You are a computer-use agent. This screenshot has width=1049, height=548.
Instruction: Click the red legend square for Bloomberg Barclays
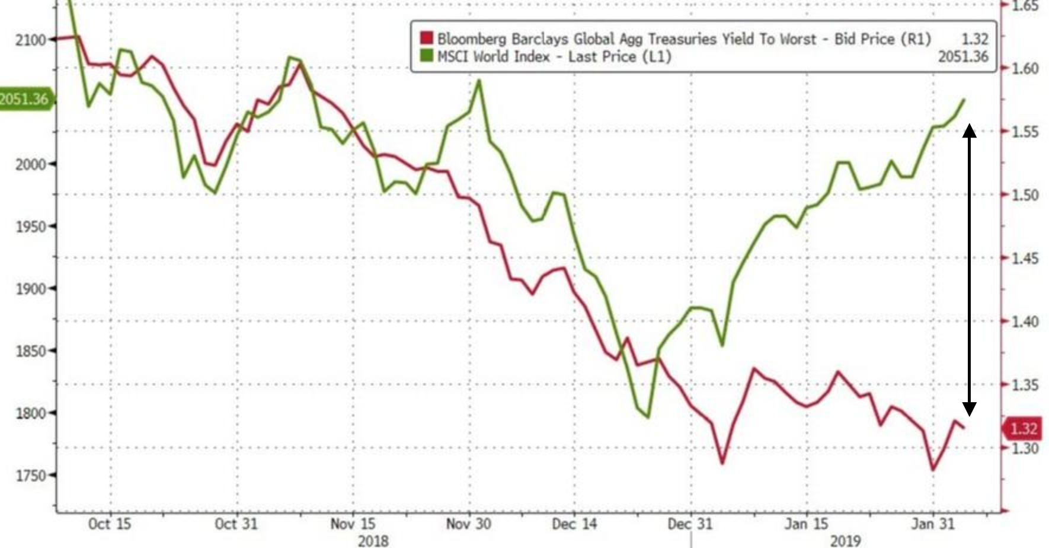[x=426, y=39]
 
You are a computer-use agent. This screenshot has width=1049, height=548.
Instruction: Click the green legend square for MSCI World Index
[x=426, y=56]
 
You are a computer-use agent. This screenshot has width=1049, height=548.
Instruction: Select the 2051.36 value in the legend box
[x=962, y=57]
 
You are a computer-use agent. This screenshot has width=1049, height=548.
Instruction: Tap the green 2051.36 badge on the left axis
[x=24, y=98]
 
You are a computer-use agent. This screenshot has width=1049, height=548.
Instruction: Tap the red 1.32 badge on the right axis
[x=1023, y=429]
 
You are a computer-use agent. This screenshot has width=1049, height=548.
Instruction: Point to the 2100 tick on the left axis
[x=31, y=40]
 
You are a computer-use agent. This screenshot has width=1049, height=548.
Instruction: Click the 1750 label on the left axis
[x=31, y=475]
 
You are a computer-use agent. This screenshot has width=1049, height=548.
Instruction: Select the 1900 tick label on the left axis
[x=31, y=289]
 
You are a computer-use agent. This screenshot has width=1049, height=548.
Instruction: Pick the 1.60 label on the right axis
[x=1024, y=69]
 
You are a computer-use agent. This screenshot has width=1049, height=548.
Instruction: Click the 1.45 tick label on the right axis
[x=1024, y=259]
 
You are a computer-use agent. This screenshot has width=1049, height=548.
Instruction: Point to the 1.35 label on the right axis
[x=1024, y=385]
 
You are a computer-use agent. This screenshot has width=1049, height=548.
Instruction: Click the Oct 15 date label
[x=109, y=524]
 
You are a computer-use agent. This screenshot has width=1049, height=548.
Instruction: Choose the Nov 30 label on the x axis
[x=468, y=524]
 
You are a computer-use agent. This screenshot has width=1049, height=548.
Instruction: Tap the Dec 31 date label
[x=690, y=524]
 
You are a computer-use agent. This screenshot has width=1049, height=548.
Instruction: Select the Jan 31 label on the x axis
[x=933, y=524]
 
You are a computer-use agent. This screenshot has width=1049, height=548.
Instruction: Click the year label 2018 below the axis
[x=373, y=540]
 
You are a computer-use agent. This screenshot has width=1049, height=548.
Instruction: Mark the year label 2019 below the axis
[x=845, y=540]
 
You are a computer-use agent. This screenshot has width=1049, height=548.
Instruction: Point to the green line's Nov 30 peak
[x=479, y=81]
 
